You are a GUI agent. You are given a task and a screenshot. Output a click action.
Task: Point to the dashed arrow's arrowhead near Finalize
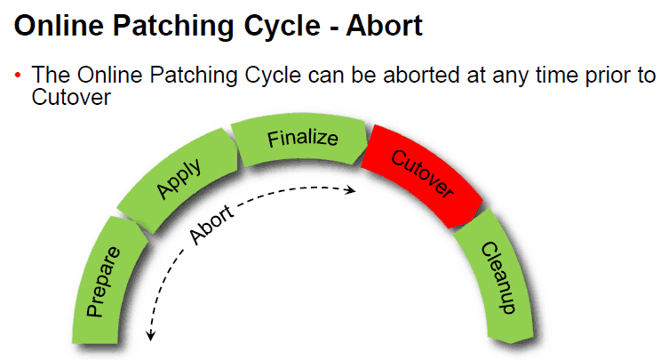pos(353,189)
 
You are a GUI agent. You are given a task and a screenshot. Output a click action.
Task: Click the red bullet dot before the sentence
pos(17,76)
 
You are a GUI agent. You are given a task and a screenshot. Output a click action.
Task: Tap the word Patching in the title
pos(174,27)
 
